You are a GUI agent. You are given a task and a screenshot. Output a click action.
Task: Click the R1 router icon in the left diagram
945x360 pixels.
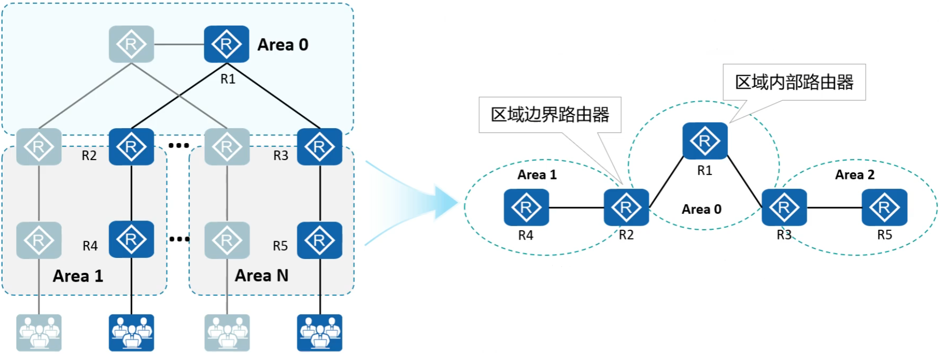point(226,44)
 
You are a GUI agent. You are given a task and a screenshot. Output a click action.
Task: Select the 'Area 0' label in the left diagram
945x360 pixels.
point(283,45)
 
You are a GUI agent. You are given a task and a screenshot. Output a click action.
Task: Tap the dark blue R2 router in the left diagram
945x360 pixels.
point(131,147)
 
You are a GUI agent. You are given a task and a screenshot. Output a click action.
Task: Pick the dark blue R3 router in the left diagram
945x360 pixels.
point(319,147)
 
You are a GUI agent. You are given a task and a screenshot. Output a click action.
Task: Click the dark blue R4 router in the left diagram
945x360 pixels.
point(131,239)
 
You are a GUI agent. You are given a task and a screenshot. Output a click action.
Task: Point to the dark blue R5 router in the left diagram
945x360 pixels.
point(319,240)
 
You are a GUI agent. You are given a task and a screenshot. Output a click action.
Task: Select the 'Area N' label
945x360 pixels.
point(262,276)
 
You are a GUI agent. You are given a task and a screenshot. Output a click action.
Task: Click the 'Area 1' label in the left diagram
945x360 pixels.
point(78,276)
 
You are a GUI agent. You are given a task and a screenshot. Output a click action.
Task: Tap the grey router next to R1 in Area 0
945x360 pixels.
point(131,44)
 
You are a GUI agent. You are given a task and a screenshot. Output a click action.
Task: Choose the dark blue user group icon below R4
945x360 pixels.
point(131,332)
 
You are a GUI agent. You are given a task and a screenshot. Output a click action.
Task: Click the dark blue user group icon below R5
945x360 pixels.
point(319,332)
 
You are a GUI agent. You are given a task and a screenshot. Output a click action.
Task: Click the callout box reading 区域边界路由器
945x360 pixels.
point(550,115)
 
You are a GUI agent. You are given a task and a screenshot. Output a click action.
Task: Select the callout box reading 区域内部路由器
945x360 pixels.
point(794,82)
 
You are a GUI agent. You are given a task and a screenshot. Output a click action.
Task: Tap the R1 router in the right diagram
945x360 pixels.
point(705,141)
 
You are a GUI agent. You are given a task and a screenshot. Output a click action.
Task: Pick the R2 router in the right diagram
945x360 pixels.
point(626,207)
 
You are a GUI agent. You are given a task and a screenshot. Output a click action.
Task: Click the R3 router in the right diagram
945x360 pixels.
point(784,207)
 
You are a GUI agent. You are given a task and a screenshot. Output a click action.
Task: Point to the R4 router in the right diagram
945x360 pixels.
point(526,207)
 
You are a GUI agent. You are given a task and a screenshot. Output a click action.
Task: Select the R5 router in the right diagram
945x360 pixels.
point(884,207)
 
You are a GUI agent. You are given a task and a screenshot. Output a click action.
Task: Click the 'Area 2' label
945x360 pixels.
point(855,175)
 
